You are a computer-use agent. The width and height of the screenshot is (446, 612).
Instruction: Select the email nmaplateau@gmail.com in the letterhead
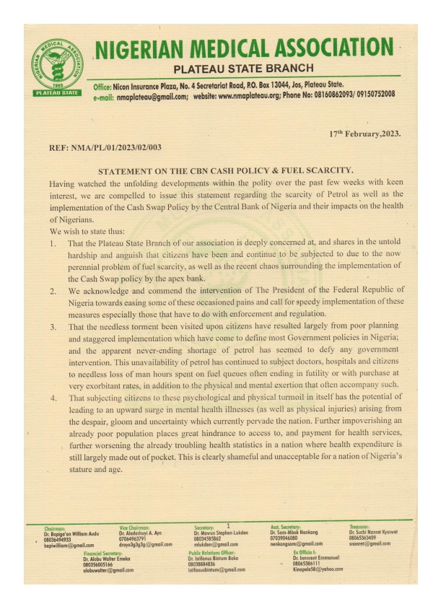149,95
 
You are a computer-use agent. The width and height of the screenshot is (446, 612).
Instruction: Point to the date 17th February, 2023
364,134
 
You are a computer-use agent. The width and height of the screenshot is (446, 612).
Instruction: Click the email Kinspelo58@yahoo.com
318,569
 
